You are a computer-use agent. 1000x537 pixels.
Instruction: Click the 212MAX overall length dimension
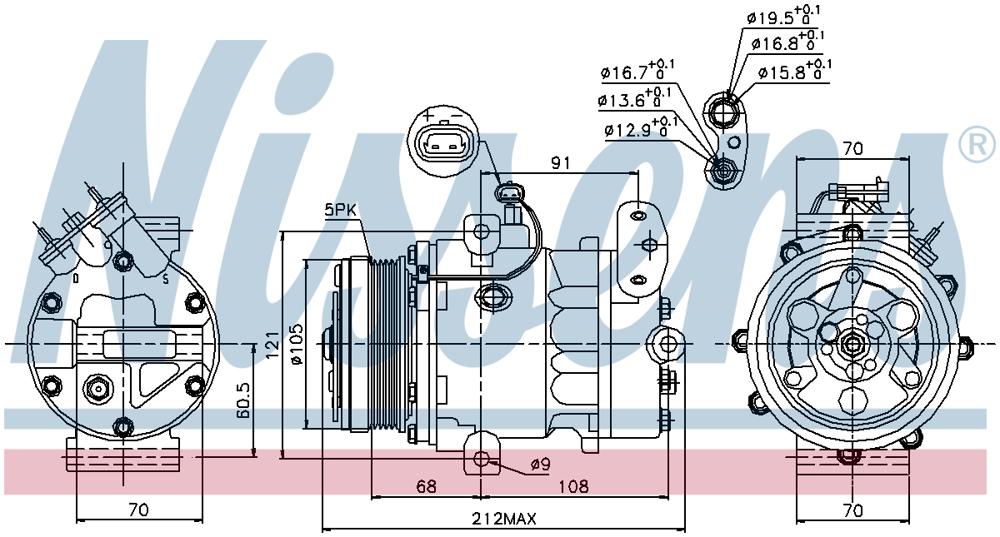click(x=504, y=519)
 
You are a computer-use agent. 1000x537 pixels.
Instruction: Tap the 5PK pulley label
click(x=340, y=210)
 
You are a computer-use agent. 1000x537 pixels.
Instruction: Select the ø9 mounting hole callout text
click(x=541, y=465)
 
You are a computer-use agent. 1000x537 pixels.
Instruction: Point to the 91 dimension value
click(x=561, y=163)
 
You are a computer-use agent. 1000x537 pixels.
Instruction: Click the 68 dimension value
click(x=426, y=486)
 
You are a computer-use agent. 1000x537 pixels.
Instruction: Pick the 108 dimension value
click(x=573, y=486)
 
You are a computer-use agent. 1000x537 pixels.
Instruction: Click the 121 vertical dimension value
click(x=272, y=346)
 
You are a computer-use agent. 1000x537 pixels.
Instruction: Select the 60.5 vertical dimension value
click(x=243, y=400)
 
